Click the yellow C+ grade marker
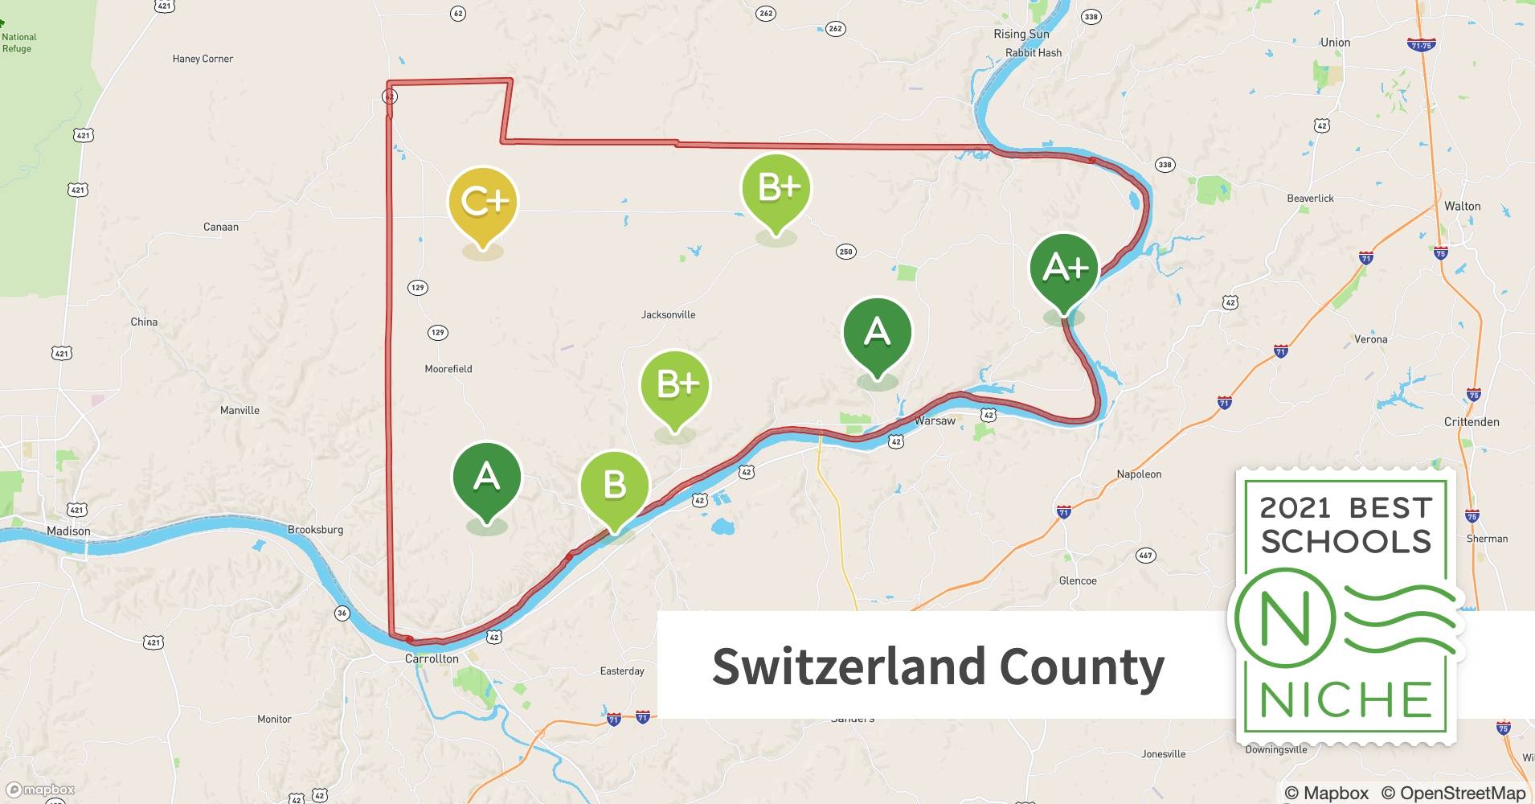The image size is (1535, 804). coord(483,203)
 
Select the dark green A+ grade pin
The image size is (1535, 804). coord(1064,269)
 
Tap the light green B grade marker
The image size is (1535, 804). coord(614,486)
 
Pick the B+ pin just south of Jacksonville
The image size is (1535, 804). coord(675,386)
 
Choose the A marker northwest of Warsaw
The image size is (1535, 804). coord(877,334)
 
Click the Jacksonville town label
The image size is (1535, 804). coord(668,315)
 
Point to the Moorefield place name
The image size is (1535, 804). coord(448,369)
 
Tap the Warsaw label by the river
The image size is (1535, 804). coord(935,420)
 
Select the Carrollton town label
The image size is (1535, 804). coord(432,658)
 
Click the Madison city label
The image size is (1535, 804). coord(68,531)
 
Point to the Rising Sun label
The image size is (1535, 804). coord(1021,34)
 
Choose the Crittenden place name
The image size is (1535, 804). coord(1471,422)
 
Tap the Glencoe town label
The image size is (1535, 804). coord(1078,580)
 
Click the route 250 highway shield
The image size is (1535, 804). coord(845,252)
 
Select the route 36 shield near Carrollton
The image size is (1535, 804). coord(342,613)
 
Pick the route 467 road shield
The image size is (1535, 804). coord(1145,555)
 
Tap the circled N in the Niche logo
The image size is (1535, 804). coord(1284,617)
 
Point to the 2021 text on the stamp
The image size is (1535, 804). coord(1295,508)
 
